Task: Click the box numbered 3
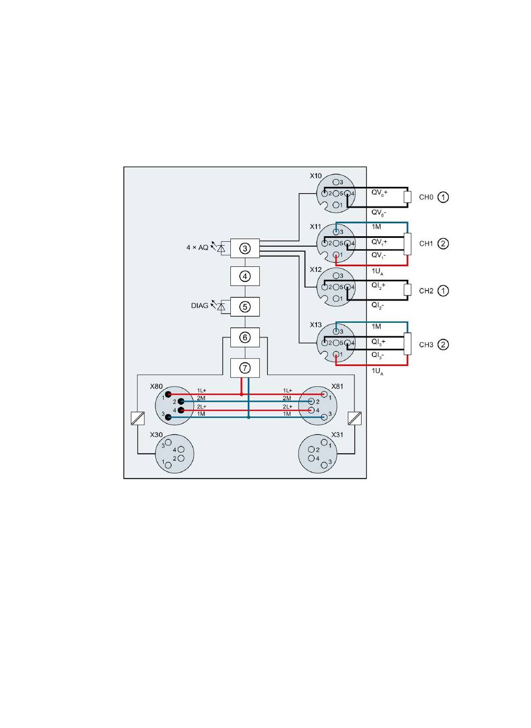pyautogui.click(x=245, y=248)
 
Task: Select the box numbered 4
pyautogui.click(x=245, y=276)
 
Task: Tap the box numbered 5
pyautogui.click(x=245, y=307)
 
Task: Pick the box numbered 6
pyautogui.click(x=245, y=337)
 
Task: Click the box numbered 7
pyautogui.click(x=245, y=368)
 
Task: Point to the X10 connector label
pyautogui.click(x=315, y=176)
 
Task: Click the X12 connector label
pyautogui.click(x=315, y=269)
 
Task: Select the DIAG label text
pyautogui.click(x=200, y=306)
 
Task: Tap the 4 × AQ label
pyautogui.click(x=197, y=248)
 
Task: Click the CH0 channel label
pyautogui.click(x=426, y=198)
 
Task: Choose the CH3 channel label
pyautogui.click(x=426, y=345)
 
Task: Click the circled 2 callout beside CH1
pyautogui.click(x=443, y=244)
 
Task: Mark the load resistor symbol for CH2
pyautogui.click(x=407, y=290)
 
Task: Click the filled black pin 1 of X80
pyautogui.click(x=168, y=394)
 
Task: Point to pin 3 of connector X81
pyautogui.click(x=324, y=417)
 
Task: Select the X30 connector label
pyautogui.click(x=156, y=435)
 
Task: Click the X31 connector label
pyautogui.click(x=337, y=435)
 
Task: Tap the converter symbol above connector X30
pyautogui.click(x=138, y=418)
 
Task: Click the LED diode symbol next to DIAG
pyautogui.click(x=221, y=307)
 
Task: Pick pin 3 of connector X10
pyautogui.click(x=336, y=182)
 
